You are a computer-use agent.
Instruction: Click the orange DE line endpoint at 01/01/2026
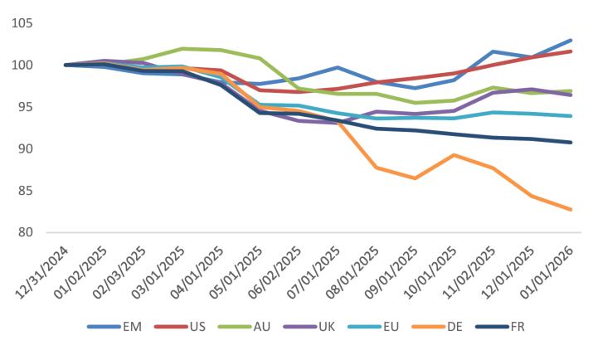(x=571, y=210)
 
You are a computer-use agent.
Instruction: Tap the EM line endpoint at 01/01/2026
(x=571, y=40)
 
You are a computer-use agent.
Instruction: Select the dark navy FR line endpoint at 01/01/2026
(x=571, y=142)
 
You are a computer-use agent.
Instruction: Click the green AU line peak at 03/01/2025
(x=182, y=48)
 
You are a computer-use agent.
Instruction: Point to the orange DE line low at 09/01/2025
(x=416, y=178)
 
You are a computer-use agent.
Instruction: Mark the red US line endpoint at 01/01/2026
(x=571, y=51)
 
